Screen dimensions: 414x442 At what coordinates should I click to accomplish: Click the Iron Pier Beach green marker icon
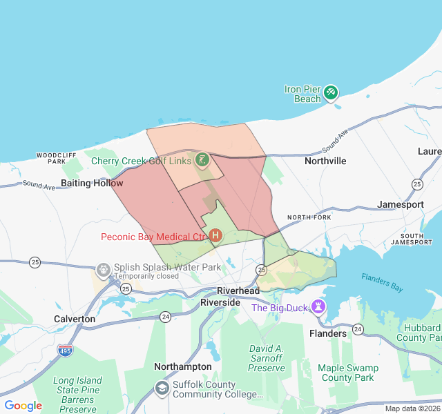[x=331, y=92]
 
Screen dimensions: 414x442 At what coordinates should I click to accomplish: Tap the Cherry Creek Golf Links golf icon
[x=202, y=160]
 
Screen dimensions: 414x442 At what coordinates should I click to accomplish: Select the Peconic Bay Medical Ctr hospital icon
[x=215, y=236]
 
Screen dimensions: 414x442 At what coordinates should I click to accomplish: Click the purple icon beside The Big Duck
[x=318, y=306]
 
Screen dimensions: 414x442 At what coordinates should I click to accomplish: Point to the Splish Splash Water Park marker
[x=104, y=269]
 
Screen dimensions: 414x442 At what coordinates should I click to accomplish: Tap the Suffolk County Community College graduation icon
[x=162, y=388]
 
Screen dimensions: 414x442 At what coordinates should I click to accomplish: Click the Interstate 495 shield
[x=65, y=350]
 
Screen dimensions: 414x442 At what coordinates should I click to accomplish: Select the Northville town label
[x=325, y=161]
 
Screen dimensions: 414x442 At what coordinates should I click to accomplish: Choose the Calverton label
[x=75, y=319]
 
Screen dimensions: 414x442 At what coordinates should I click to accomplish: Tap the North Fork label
[x=309, y=217]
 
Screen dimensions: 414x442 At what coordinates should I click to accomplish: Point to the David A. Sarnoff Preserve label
[x=267, y=358]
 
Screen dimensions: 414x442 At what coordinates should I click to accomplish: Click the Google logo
[x=23, y=406]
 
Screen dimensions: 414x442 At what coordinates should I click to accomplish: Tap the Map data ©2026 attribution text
[x=412, y=408]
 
